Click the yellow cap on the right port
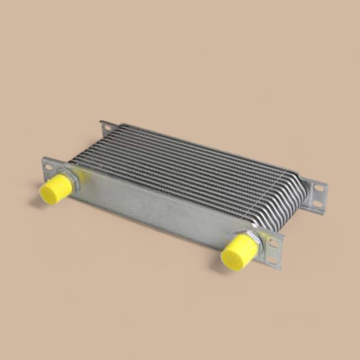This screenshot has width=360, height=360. point(239,251)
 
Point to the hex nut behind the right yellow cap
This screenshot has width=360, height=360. point(253,238)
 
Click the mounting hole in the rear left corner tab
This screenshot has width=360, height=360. point(107,127)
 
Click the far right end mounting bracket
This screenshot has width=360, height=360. point(316,195)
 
